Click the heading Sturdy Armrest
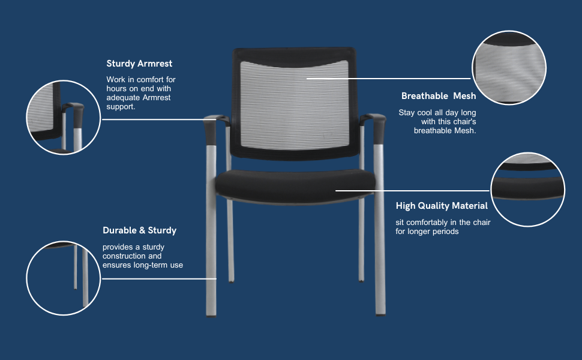(139, 64)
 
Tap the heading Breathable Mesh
(439, 96)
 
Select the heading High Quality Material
(442, 206)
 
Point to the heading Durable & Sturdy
(139, 230)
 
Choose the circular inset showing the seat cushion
(528, 189)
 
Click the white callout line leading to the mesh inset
(390, 79)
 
